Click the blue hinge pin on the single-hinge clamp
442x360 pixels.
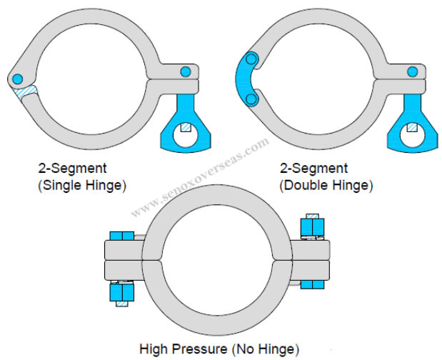pyautogui.click(x=19, y=78)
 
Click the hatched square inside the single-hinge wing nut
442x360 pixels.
pyautogui.click(x=186, y=128)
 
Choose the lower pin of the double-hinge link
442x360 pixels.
pyautogui.click(x=251, y=98)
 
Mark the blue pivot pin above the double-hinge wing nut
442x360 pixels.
pyautogui.click(x=413, y=71)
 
